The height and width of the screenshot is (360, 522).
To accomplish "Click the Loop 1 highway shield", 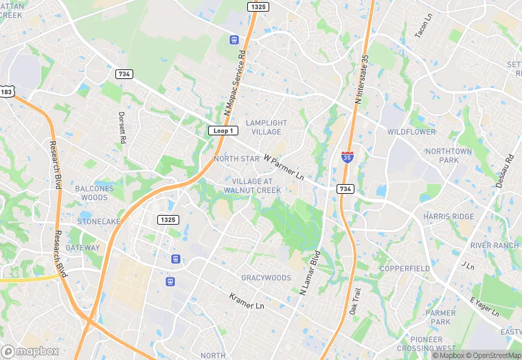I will coord(223,131).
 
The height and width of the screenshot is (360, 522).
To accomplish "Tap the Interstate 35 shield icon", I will coord(348,157).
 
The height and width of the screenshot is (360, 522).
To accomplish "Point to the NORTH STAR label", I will coord(236,159).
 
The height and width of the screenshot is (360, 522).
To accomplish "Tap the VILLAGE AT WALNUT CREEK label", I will coord(251,185).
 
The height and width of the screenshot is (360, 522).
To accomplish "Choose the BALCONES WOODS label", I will coord(95,193).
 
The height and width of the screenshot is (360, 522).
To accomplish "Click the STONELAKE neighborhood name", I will coord(99,222).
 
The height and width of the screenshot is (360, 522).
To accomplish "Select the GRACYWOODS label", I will coord(266,278).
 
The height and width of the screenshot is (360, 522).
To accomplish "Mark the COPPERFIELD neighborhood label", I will coord(405,268).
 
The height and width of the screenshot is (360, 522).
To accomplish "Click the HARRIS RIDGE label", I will coord(449,216).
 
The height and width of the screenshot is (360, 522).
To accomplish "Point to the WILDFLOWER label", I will coord(411,131).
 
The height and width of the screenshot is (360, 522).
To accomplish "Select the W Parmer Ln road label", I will coord(283,167).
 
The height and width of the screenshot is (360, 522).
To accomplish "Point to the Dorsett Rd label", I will coord(122,128).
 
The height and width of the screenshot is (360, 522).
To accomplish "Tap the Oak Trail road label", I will coord(354,302).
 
